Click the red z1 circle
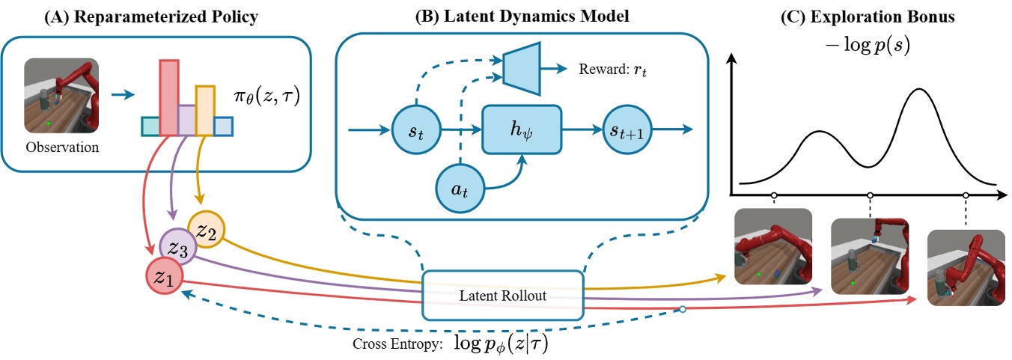(164, 278)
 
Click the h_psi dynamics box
(521, 129)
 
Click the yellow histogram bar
(205, 110)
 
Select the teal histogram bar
(150, 127)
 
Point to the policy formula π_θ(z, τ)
(268, 97)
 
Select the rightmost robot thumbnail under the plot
(966, 267)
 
